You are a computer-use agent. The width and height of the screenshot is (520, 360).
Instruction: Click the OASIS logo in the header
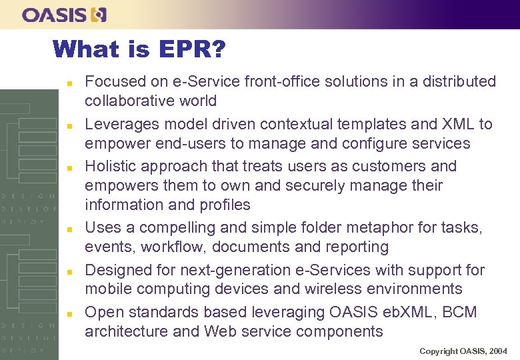pyautogui.click(x=64, y=14)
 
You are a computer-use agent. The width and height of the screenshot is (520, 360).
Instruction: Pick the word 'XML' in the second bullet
pyautogui.click(x=457, y=124)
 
